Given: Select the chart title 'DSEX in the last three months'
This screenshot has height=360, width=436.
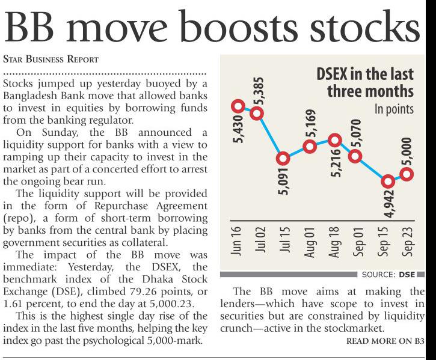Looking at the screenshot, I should pos(365,83).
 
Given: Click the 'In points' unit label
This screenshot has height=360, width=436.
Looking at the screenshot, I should pos(395,109).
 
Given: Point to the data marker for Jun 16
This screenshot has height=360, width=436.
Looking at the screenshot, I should pos(238,107).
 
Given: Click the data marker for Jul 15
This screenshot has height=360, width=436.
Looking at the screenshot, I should pos(283,159).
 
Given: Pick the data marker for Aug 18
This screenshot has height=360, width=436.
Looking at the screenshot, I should pos(336,141).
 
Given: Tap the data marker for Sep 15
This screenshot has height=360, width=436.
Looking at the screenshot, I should pos(388,181).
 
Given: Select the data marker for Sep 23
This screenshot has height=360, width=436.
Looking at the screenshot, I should pos(407,174).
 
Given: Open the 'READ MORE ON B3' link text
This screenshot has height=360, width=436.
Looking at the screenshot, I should pos(390,341).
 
